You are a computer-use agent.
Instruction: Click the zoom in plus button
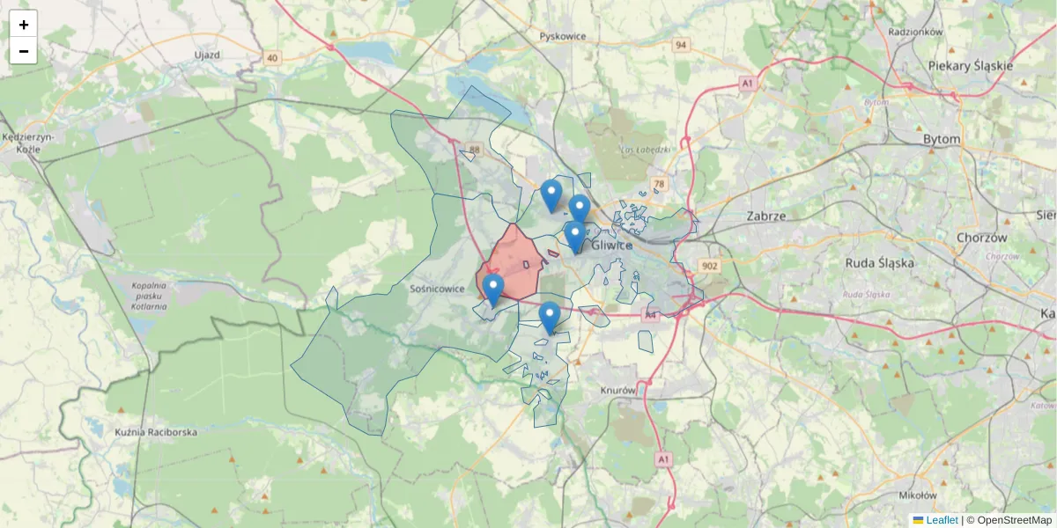(24, 25)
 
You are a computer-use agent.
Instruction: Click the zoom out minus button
(24, 51)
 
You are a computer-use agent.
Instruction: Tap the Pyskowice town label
(563, 36)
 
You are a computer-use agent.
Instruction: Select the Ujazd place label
(206, 55)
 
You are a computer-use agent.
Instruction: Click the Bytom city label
(942, 139)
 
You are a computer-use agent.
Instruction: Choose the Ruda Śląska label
(880, 262)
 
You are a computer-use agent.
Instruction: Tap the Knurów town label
(617, 390)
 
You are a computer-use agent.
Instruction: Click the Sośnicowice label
(437, 288)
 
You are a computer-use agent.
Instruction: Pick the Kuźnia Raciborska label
(156, 432)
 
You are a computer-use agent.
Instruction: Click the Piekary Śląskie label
(971, 66)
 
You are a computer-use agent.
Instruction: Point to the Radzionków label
(915, 32)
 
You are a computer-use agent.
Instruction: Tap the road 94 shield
(681, 45)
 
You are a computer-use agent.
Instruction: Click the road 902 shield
(709, 266)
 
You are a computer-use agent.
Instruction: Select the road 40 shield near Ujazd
(271, 59)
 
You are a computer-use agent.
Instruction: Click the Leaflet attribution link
(941, 520)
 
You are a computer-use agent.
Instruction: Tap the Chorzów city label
(981, 238)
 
